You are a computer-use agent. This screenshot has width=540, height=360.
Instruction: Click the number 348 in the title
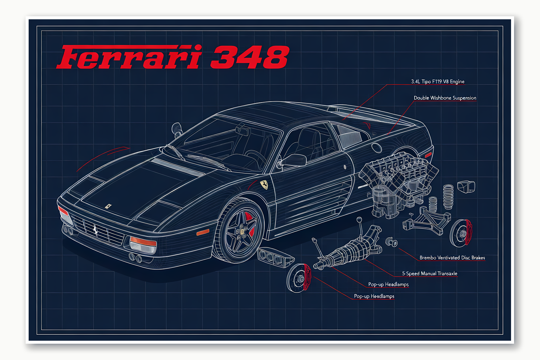[250, 57]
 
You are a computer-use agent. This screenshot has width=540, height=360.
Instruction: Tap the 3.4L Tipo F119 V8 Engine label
[437, 81]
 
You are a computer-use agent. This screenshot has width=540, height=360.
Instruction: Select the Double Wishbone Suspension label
[445, 98]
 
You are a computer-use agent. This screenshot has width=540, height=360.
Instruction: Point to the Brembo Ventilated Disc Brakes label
[452, 258]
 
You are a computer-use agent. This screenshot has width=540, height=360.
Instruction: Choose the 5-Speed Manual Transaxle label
[429, 273]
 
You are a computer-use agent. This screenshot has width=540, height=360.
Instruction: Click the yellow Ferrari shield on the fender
[264, 185]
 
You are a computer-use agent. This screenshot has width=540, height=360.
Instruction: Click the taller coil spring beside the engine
[448, 197]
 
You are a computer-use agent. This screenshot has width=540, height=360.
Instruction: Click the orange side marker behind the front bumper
[203, 232]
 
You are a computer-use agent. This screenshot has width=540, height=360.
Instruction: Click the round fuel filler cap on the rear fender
[377, 147]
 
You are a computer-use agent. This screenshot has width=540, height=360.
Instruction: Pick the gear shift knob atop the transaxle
[359, 219]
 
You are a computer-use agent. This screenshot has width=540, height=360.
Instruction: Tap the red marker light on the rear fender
[428, 155]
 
